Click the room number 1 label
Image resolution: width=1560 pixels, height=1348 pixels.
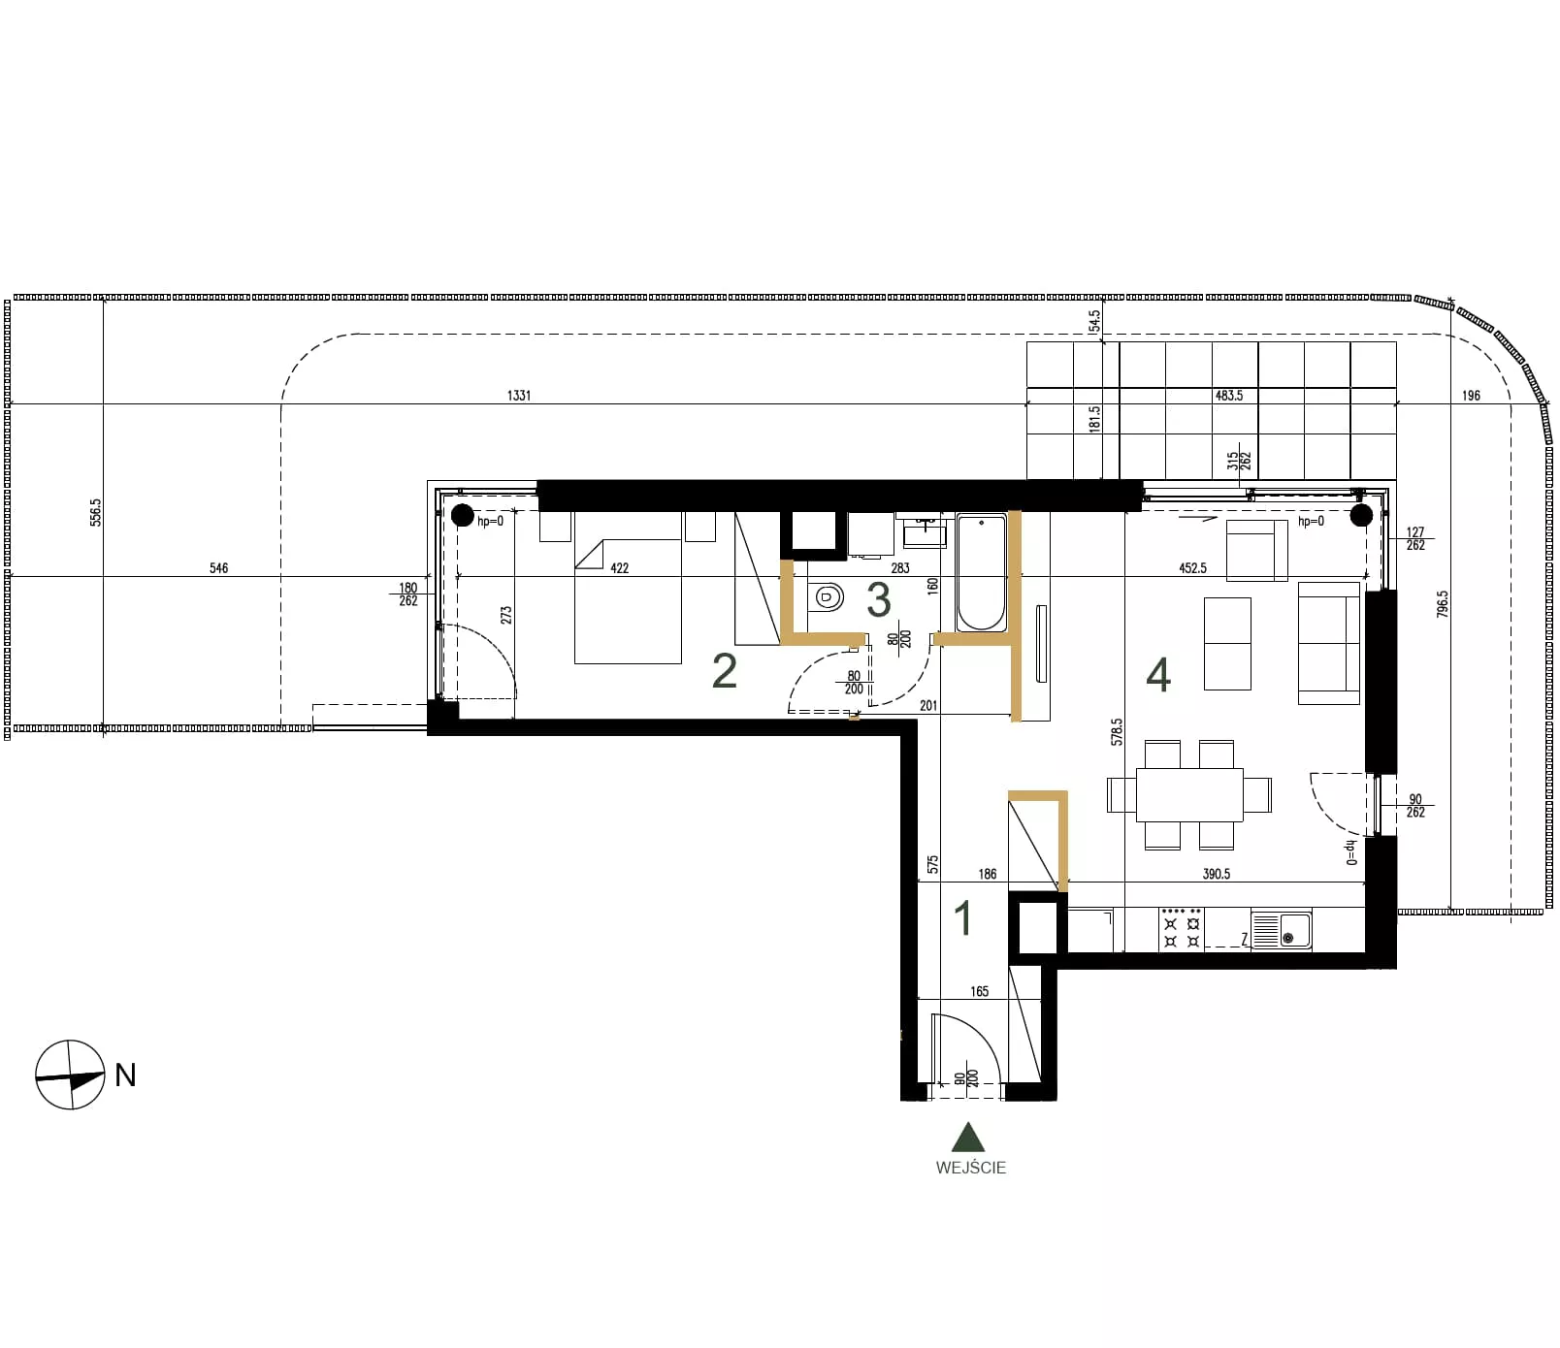963,918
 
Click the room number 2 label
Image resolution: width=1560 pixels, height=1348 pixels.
725,671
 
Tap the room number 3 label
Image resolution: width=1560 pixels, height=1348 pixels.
879,600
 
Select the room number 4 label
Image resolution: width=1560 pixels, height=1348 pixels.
1158,675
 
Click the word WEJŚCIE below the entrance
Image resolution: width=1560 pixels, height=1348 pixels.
971,1168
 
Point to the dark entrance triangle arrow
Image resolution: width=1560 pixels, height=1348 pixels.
968,1137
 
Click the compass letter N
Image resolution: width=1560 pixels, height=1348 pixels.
125,1075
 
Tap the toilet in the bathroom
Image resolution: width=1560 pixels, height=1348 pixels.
826,597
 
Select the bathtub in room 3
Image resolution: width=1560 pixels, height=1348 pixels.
982,573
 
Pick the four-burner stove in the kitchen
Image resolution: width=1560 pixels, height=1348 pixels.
1182,929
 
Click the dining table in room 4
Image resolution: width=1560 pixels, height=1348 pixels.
1189,794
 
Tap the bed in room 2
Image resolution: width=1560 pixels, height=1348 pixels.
628,588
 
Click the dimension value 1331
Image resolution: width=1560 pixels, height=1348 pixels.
519,396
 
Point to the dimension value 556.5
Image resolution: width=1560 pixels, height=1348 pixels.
95,513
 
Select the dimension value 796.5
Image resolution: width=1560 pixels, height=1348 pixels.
1443,605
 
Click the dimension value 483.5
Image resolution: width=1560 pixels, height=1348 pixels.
1229,396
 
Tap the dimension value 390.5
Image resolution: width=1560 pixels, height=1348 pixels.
1217,874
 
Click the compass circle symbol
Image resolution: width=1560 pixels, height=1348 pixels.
70,1075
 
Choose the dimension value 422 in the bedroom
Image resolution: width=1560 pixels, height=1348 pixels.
619,568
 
